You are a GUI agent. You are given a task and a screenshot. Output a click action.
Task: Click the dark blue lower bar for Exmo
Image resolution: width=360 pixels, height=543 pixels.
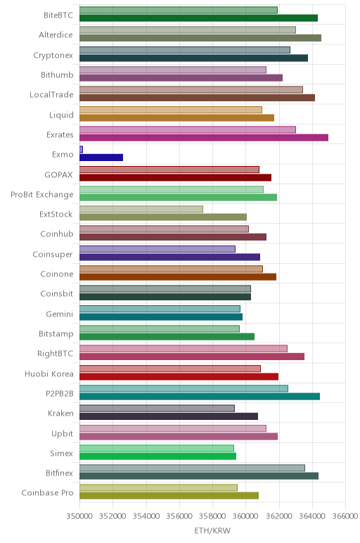coord(101,158)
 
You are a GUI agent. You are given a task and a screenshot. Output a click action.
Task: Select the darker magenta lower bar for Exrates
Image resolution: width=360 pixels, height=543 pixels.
coord(204,137)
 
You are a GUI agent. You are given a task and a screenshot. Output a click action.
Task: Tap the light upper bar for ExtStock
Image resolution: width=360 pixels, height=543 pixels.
coord(141,209)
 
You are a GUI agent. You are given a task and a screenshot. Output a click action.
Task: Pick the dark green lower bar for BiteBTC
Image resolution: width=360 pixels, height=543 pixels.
coord(199,18)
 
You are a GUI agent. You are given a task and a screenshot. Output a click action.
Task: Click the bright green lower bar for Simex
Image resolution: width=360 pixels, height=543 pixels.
coord(157,456)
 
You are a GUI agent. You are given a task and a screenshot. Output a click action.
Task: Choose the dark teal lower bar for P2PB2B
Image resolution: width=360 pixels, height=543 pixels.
coord(200,397)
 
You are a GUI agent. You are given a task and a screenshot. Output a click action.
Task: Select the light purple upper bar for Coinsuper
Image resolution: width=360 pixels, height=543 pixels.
coord(157,249)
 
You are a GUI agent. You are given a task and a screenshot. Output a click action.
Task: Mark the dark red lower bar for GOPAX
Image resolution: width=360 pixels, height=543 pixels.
coord(176,178)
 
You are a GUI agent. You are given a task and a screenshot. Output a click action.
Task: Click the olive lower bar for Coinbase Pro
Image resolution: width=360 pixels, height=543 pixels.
coord(169,496)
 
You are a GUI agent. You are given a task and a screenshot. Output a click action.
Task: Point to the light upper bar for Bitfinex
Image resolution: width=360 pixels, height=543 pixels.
coord(192,468)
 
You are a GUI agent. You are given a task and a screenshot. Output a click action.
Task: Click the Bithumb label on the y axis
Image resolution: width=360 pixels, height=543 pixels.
coord(57,75)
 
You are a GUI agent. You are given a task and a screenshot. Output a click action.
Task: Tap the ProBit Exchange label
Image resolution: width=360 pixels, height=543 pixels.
coord(42,195)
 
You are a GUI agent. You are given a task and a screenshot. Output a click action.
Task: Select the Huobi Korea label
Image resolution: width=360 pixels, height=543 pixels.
coord(49,374)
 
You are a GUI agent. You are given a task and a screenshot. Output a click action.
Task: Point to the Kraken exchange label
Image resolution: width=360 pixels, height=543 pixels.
coord(60,414)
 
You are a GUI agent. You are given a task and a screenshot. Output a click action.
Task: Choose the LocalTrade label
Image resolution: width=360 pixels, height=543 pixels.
coord(51,94)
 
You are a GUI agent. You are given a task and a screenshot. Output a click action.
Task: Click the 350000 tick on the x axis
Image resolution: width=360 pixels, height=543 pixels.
coord(79,516)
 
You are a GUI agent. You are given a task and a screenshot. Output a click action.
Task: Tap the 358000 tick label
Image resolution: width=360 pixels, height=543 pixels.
coord(212,516)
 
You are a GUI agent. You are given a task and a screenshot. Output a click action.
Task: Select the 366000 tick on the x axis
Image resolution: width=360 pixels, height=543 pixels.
coord(345,516)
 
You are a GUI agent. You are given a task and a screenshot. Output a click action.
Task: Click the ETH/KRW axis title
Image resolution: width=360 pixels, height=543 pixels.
coord(212,530)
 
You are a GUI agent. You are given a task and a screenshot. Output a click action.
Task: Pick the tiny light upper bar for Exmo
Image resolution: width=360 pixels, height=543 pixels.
coord(81,150)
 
